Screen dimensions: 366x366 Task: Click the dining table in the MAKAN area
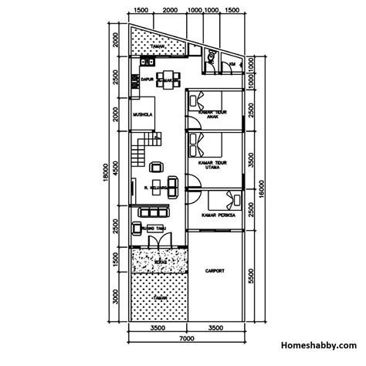pyautogui.click(x=168, y=76)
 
